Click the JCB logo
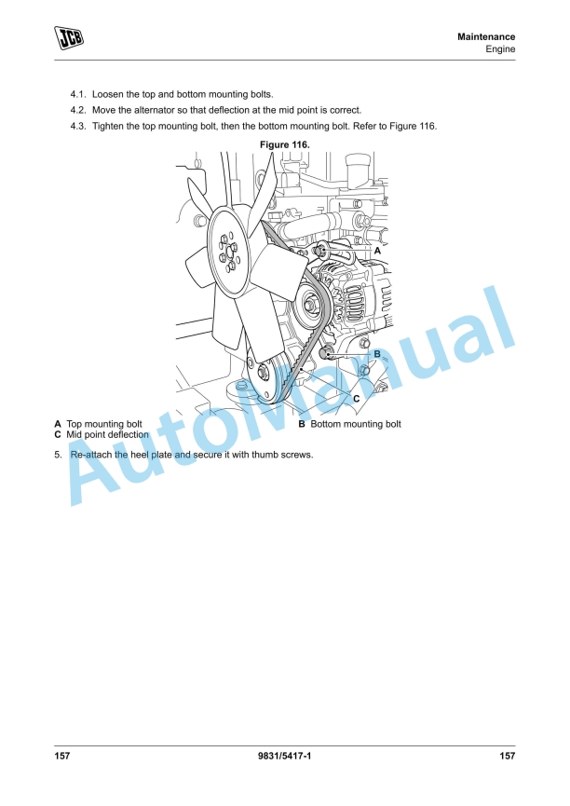click(x=68, y=37)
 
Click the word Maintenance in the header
click(x=486, y=36)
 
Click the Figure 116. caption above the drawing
click(x=284, y=144)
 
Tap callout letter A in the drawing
click(x=377, y=251)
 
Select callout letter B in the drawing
click(x=377, y=354)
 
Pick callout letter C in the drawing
click(x=355, y=398)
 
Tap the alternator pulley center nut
click(x=309, y=302)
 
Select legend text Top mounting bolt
click(x=103, y=424)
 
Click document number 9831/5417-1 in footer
click(x=284, y=756)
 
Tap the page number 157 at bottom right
click(x=507, y=756)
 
